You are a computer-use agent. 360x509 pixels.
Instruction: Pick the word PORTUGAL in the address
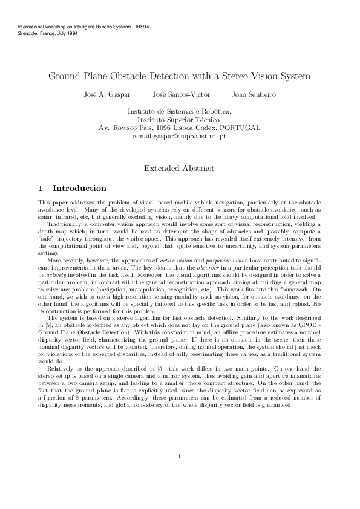pyautogui.click(x=240, y=128)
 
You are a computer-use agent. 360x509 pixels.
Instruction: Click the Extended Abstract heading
pyautogui.click(x=179, y=169)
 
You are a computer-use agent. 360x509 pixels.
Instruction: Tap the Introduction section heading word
pyautogui.click(x=79, y=189)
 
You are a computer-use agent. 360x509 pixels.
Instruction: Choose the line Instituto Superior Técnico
pyautogui.click(x=179, y=120)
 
